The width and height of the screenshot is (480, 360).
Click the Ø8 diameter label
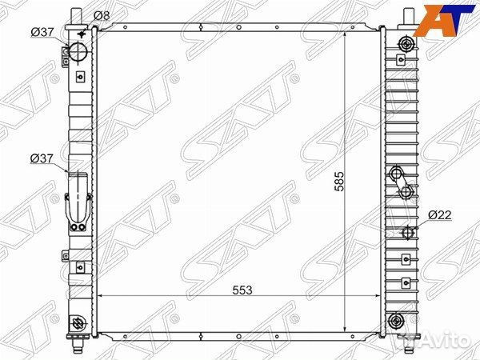coord(102,15)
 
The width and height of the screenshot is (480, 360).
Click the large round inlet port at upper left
coord(79,52)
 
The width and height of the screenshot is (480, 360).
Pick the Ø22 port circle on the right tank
coord(407,233)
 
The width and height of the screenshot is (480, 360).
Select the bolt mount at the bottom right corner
coord(394,322)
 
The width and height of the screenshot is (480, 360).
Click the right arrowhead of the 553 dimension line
coord(377,297)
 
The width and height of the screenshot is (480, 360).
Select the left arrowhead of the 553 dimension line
coord(102,297)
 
